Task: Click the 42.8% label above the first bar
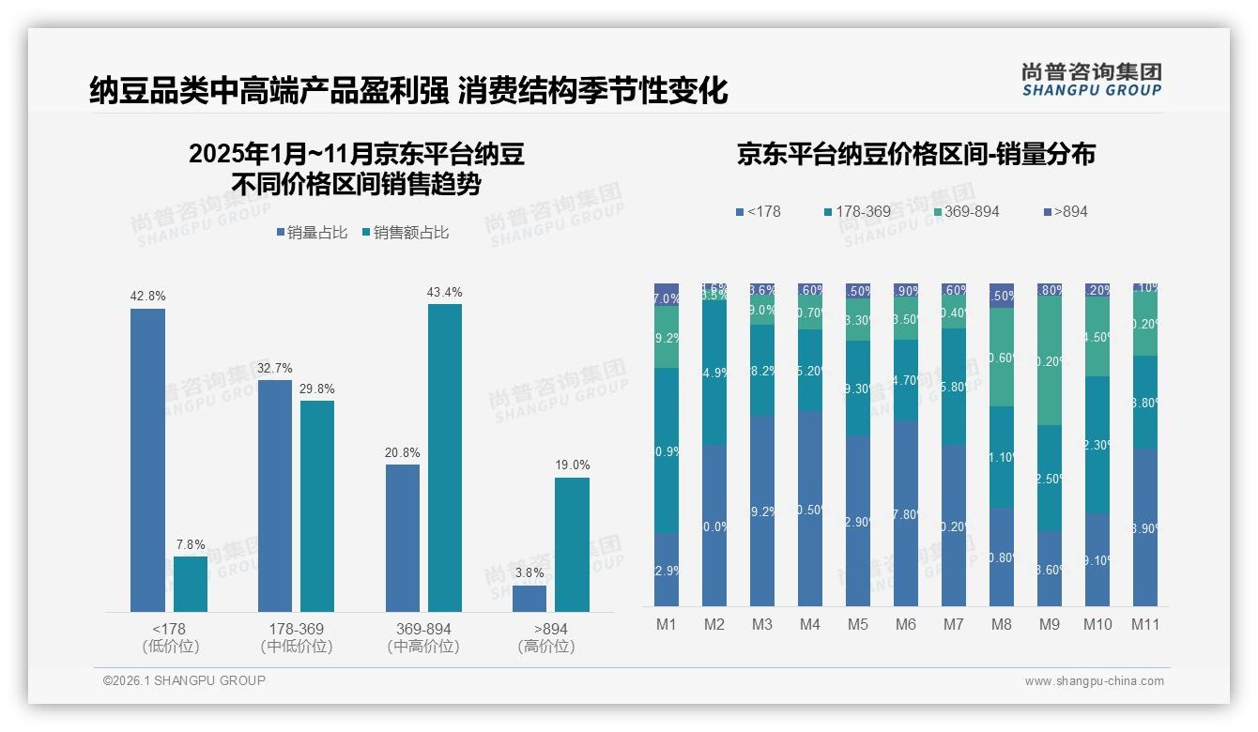point(147,296)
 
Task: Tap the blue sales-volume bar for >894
point(529,599)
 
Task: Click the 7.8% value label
point(190,544)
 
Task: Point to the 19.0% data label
point(572,465)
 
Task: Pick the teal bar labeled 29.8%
point(317,507)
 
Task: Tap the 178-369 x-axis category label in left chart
point(297,629)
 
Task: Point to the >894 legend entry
point(1065,212)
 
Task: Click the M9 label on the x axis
point(1050,625)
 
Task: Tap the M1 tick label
point(667,625)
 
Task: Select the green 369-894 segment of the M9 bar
point(1050,360)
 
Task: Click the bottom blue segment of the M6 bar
point(906,512)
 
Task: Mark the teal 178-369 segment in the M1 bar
point(667,450)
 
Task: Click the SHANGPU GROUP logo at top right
point(1091,79)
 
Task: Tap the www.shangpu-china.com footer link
point(1094,681)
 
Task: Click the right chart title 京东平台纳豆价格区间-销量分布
point(915,155)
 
